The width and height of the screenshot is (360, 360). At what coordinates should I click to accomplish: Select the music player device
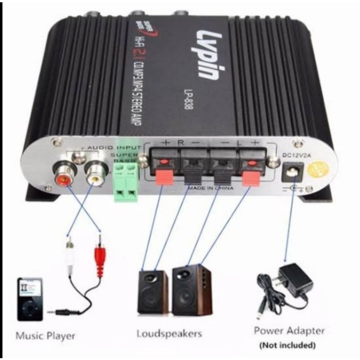click(x=30, y=299)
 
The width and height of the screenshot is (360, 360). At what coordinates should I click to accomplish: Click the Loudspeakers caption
click(x=169, y=333)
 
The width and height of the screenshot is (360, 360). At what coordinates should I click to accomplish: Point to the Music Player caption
click(x=45, y=336)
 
